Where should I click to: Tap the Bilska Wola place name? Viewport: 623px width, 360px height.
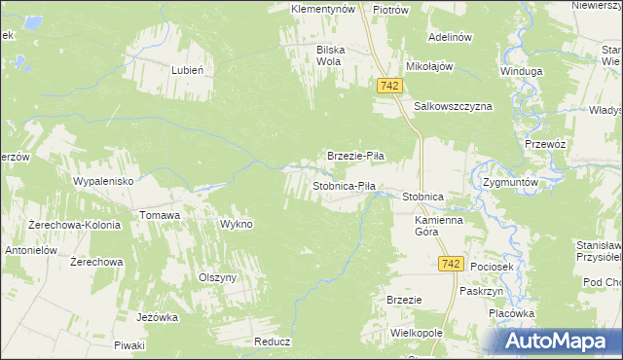(x=331, y=54)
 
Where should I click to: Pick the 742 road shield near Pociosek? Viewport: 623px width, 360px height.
(x=449, y=264)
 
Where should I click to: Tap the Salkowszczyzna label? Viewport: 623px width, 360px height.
(x=454, y=105)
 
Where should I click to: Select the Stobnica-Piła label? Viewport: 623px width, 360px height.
(x=344, y=185)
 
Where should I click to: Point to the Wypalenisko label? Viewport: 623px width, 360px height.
(x=110, y=181)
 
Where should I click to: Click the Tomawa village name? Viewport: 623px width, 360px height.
(x=160, y=215)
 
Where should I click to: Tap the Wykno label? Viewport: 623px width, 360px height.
(x=237, y=224)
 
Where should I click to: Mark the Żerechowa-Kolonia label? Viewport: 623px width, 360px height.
(x=74, y=225)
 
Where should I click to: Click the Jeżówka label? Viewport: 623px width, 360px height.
(x=158, y=316)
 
